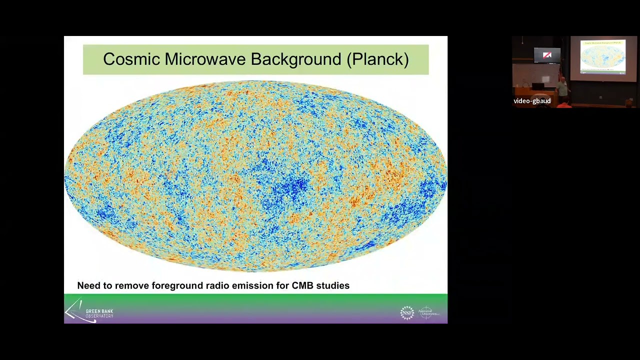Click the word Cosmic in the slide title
[x=131, y=59]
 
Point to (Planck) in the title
[x=377, y=59]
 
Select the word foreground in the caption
[x=176, y=285]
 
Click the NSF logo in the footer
[x=407, y=313]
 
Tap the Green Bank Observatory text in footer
[x=99, y=313]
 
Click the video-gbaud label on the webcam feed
[x=532, y=101]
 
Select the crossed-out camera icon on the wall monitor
[x=547, y=55]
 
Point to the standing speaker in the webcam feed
[x=562, y=88]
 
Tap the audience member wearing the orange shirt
[x=564, y=105]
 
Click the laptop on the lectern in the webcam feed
[x=538, y=86]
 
